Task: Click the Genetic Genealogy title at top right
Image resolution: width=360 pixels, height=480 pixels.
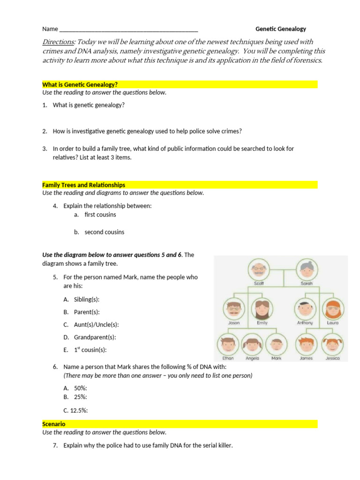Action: [280, 29]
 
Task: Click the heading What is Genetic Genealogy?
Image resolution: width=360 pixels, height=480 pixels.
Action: [80, 84]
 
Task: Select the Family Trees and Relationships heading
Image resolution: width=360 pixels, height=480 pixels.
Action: [84, 185]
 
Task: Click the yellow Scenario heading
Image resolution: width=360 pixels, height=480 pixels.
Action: [54, 424]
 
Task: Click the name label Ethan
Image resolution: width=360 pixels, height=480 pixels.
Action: [228, 359]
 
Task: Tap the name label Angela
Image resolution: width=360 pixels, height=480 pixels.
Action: [252, 359]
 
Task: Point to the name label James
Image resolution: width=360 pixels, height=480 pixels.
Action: [306, 359]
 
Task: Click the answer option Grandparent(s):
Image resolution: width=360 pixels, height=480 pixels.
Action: [95, 337]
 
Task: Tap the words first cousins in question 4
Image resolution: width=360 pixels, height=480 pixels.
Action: [100, 215]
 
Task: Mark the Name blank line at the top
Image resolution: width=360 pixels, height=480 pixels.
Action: [129, 29]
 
